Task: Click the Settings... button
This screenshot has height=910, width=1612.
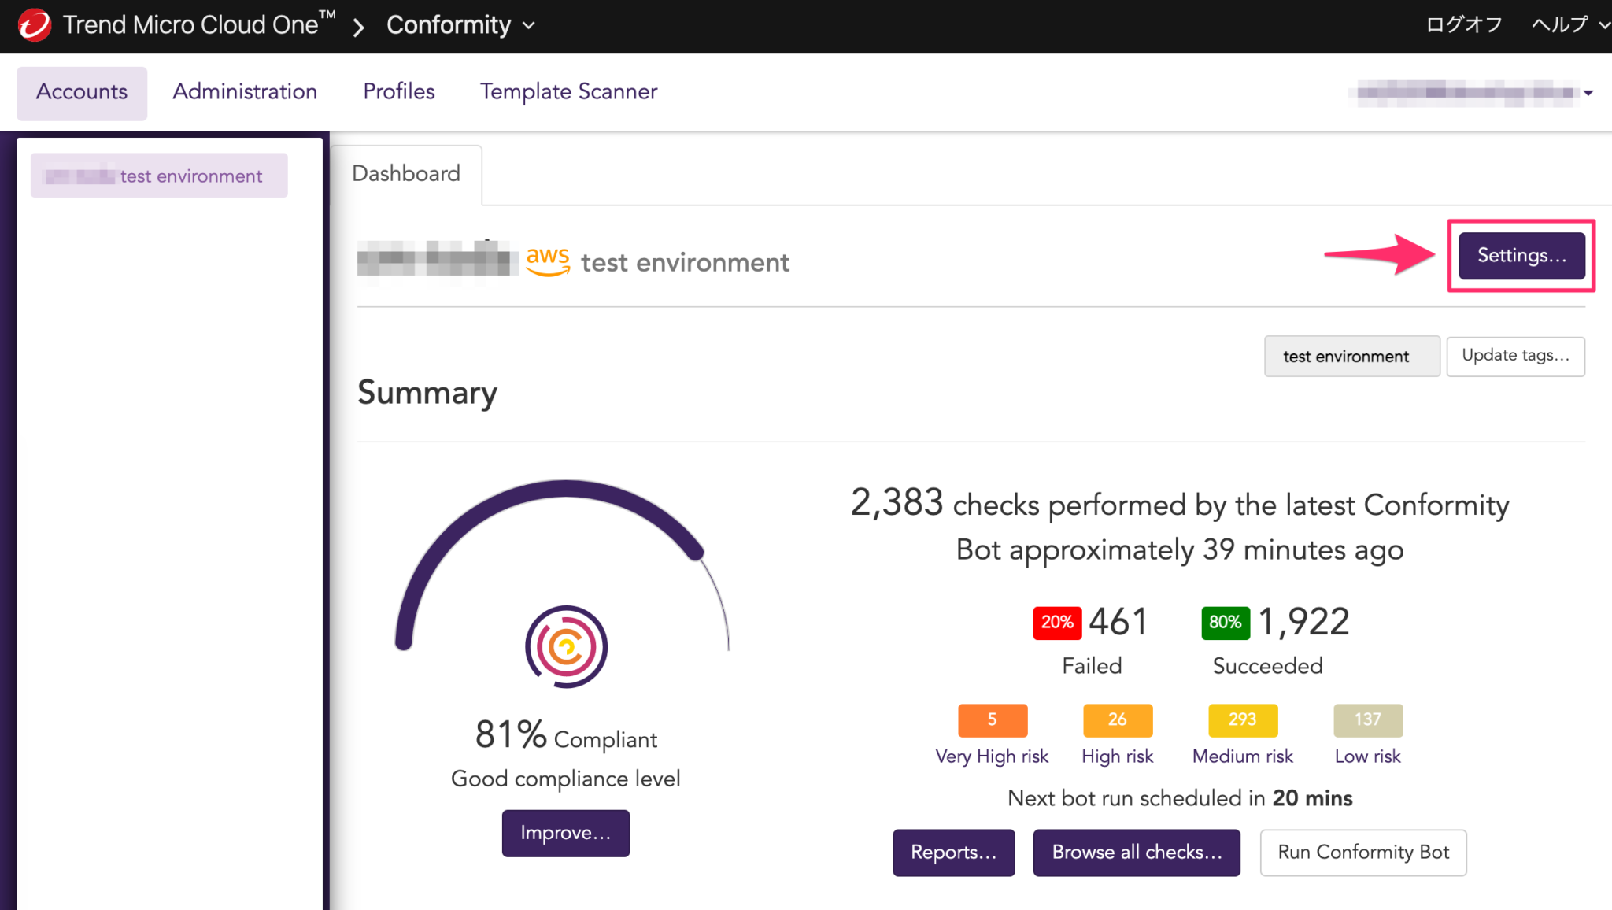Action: [1521, 256]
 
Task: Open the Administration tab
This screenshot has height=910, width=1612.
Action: [245, 92]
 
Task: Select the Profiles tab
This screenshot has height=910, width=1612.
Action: [398, 92]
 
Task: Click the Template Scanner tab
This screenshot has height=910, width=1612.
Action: [568, 92]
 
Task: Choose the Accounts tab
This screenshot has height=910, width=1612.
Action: [82, 92]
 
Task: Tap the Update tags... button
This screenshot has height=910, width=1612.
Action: [1515, 356]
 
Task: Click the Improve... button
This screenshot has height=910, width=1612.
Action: [565, 833]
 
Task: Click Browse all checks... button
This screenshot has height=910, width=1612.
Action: [1136, 853]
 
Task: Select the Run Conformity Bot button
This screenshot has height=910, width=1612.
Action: [1362, 853]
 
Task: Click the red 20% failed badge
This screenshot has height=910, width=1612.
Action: [1057, 623]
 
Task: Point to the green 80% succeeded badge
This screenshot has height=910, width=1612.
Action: [1225, 623]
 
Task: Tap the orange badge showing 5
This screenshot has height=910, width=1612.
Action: [992, 719]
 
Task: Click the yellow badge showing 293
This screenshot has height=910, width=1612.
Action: [1242, 719]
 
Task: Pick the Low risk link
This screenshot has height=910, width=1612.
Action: [1367, 756]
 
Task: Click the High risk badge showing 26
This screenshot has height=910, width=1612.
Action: [1117, 719]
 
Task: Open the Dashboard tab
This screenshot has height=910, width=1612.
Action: [406, 174]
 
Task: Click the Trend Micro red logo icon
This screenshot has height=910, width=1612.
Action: [35, 25]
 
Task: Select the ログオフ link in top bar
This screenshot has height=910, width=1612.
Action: [1464, 25]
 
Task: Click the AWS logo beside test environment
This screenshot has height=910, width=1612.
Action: [548, 261]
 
